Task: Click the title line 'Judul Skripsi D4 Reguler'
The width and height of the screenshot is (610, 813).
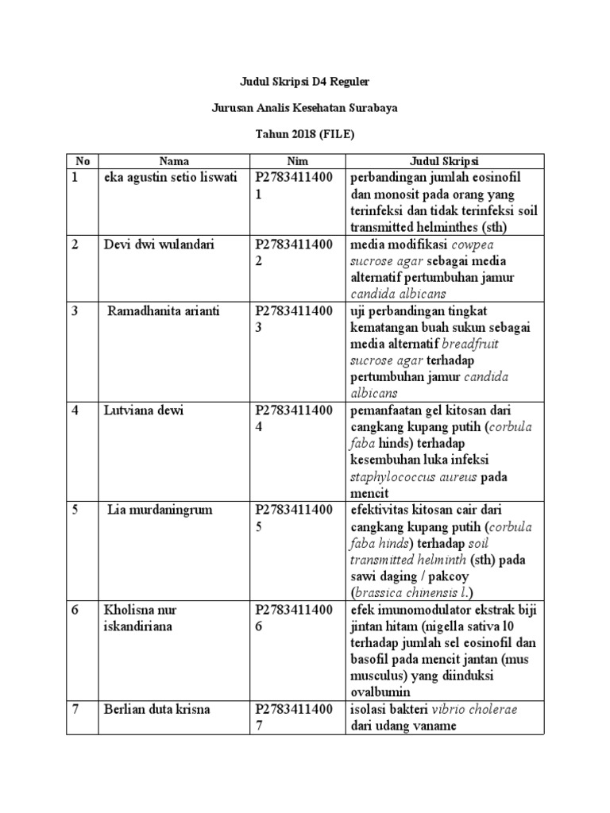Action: click(x=305, y=81)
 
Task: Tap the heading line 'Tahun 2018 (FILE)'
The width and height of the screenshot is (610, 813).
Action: click(x=305, y=135)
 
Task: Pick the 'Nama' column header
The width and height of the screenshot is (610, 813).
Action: click(x=174, y=160)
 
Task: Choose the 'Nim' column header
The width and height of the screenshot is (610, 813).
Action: click(x=297, y=160)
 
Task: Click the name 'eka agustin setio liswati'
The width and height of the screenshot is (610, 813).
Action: click(x=171, y=177)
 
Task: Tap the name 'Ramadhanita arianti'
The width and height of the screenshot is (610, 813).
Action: click(x=160, y=310)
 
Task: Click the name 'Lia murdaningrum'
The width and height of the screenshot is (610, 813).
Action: click(x=160, y=510)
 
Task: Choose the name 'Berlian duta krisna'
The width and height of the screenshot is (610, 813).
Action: click(x=156, y=708)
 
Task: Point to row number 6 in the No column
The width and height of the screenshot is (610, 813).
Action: click(x=75, y=610)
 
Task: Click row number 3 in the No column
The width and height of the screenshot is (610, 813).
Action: click(x=75, y=310)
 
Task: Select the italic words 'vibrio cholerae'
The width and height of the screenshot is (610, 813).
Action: click(x=474, y=709)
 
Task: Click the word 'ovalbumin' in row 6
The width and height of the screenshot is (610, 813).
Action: click(x=384, y=692)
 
